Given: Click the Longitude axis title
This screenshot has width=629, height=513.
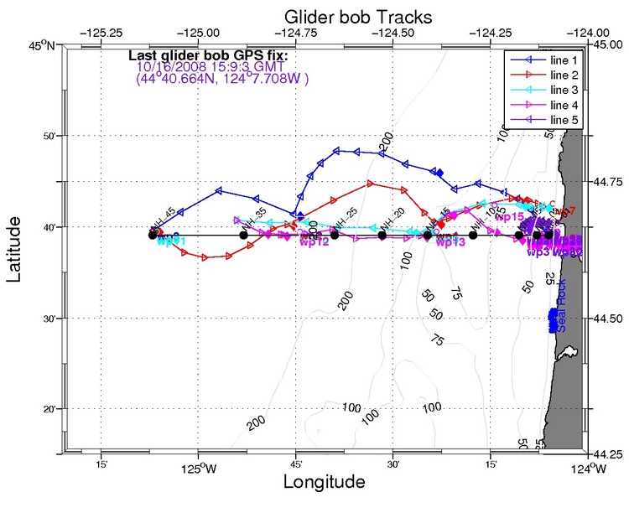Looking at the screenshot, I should pyautogui.click(x=325, y=483).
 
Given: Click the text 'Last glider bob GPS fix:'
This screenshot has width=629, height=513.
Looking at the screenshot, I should pyautogui.click(x=208, y=57).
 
